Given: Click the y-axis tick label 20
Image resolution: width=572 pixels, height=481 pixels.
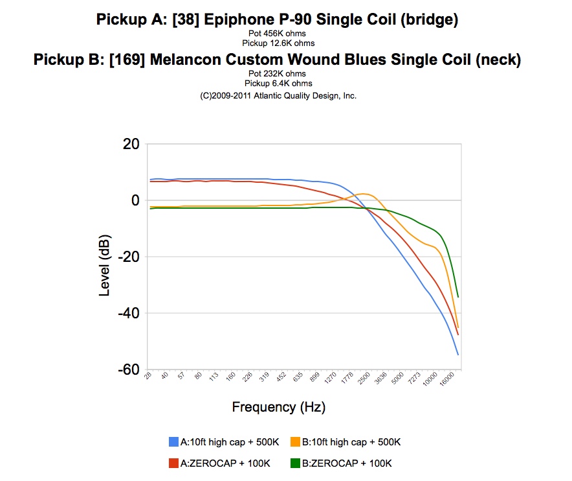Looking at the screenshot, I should coord(130,144).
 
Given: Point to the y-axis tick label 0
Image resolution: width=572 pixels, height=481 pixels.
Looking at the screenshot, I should coord(135,200).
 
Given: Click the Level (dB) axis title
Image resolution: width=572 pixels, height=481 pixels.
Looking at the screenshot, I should coord(104,257).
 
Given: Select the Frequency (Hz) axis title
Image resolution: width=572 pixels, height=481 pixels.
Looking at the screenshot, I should coord(279,407).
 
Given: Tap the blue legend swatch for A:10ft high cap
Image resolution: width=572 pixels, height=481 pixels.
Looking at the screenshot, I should coord(173,442).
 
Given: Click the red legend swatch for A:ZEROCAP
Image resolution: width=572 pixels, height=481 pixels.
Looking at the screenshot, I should coord(173,463).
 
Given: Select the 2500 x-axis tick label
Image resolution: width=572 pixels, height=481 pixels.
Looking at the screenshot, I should coord(366,380).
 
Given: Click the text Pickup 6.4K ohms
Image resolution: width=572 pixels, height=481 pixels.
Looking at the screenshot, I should coord(278,83).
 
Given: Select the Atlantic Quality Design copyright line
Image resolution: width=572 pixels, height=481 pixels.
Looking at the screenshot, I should coord(278,95).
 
